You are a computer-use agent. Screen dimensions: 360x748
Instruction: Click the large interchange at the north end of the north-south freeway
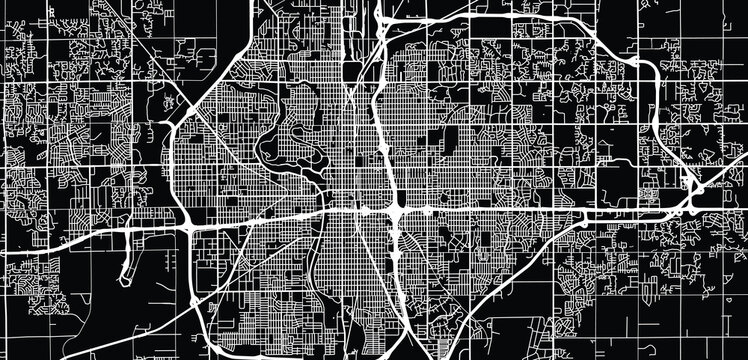click(385, 22)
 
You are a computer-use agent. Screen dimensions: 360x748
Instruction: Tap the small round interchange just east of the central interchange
click(427, 211)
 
